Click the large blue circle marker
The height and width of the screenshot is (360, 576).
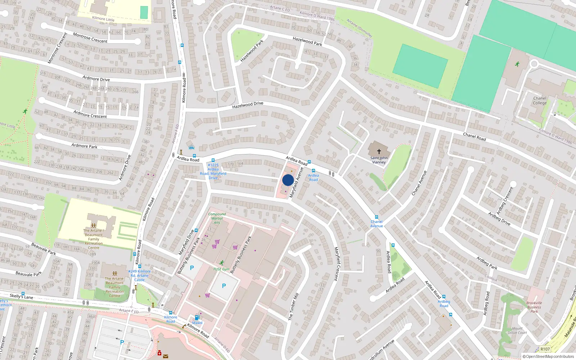(x=288, y=180)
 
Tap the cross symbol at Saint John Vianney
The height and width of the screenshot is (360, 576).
(x=379, y=152)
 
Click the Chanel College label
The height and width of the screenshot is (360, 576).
(x=539, y=100)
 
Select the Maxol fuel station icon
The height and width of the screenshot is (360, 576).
(x=197, y=318)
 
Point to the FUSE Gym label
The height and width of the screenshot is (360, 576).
(x=221, y=269)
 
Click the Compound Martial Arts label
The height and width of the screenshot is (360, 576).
(x=217, y=218)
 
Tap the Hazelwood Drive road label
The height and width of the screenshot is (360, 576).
(x=248, y=105)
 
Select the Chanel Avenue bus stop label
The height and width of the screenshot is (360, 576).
(x=377, y=224)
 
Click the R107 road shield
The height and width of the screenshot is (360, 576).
(x=545, y=349)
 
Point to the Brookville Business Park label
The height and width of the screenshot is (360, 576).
(x=534, y=307)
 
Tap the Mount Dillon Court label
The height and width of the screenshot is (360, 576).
(x=517, y=330)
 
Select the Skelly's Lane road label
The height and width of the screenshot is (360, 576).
(x=21, y=296)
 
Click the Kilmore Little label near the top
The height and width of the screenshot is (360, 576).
(x=103, y=19)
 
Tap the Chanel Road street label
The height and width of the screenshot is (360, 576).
(x=474, y=137)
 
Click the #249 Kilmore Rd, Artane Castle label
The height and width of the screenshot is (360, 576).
(x=139, y=275)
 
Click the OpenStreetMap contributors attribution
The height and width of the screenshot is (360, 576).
(x=548, y=356)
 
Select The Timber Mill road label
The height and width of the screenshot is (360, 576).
(x=293, y=307)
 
